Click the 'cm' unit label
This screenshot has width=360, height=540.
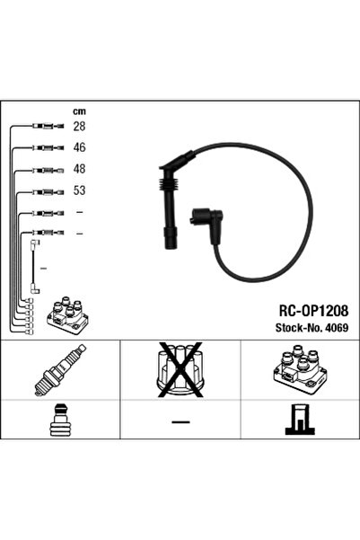pyautogui.click(x=79, y=111)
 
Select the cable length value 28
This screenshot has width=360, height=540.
pyautogui.click(x=79, y=127)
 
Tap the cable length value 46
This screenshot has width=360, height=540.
pyautogui.click(x=79, y=147)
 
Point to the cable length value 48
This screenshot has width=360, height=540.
pyautogui.click(x=79, y=169)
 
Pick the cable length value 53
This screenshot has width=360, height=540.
pyautogui.click(x=79, y=190)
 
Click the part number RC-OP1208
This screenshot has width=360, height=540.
pyautogui.click(x=313, y=311)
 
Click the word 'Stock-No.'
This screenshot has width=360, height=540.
pyautogui.click(x=299, y=328)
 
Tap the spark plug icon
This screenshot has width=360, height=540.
pyautogui.click(x=60, y=370)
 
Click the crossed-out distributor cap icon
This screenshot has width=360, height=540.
pyautogui.click(x=180, y=369)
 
